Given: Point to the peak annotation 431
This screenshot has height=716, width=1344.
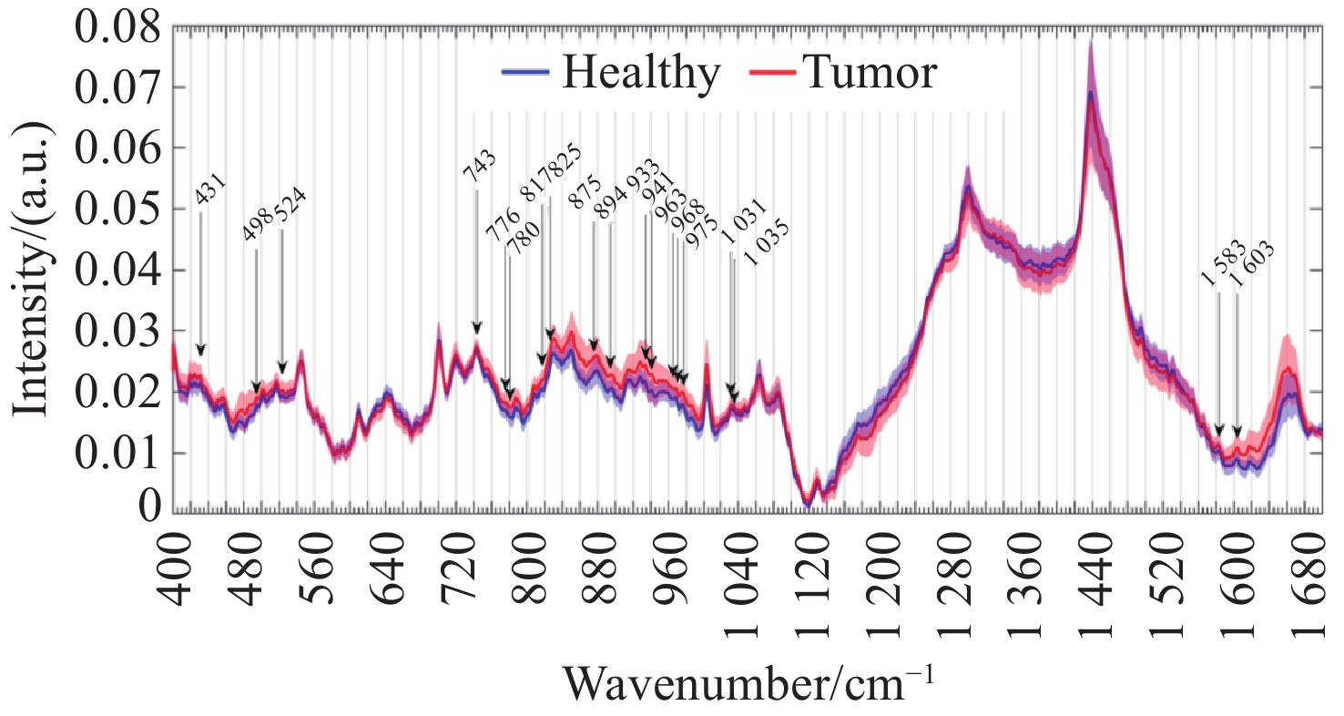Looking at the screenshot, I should click(211, 194).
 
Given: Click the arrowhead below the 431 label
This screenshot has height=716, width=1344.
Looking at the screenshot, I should click(201, 351).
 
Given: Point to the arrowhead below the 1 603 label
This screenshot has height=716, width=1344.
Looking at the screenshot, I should click(1237, 431).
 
